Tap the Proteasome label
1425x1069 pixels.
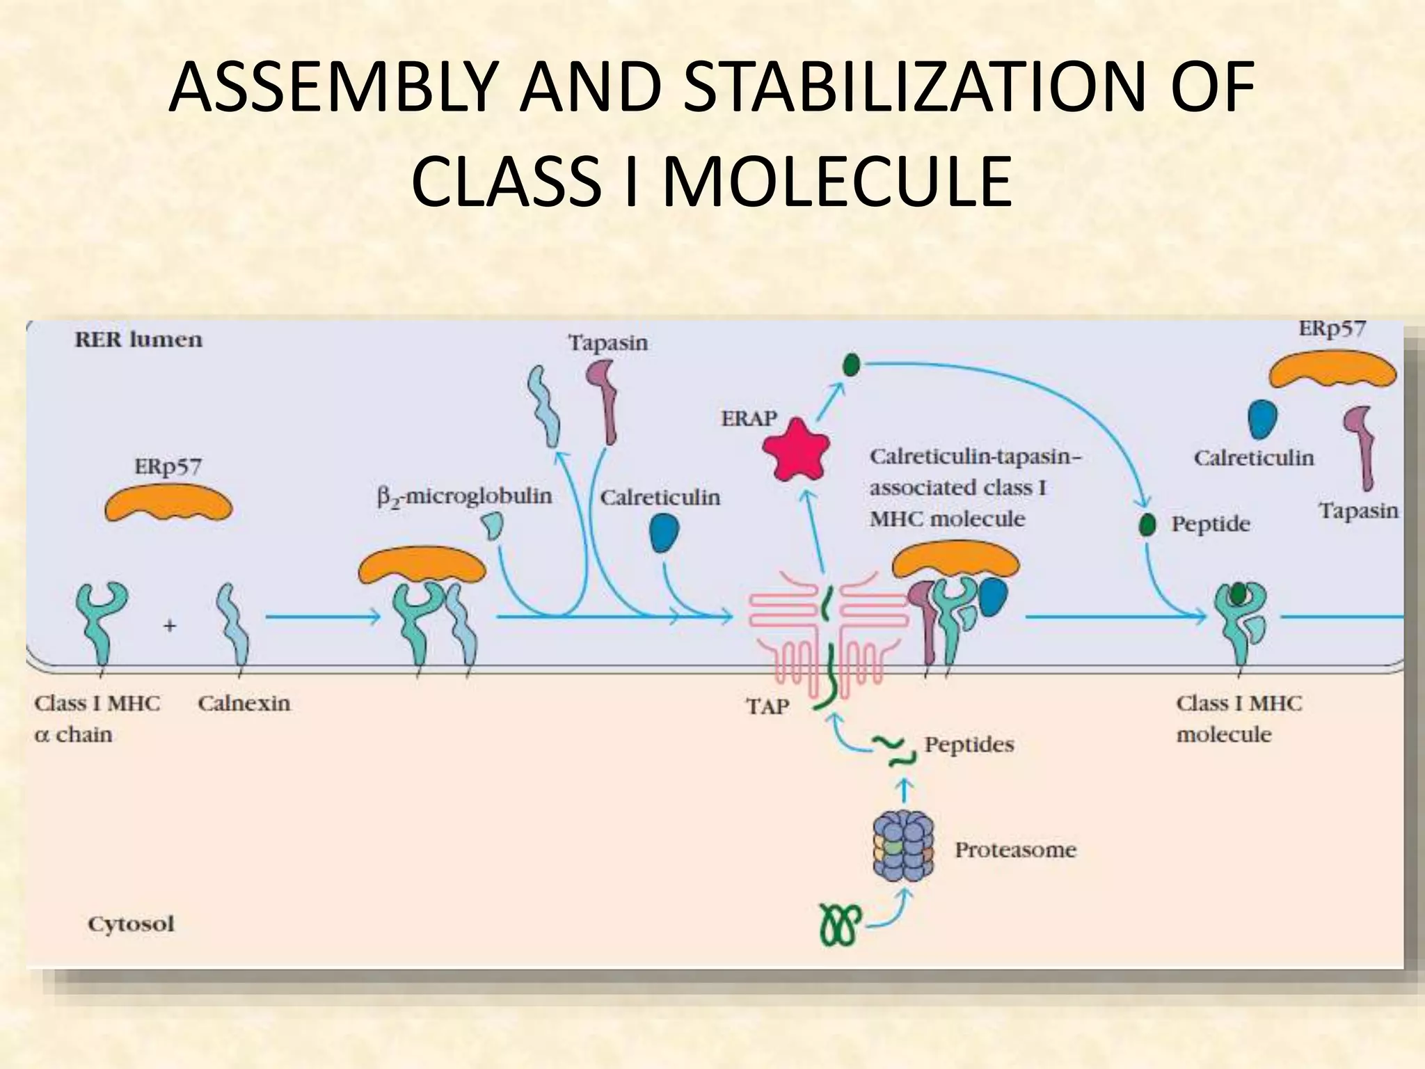coord(1015,850)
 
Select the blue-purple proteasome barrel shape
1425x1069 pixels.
coord(902,848)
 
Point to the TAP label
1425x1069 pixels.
coord(767,707)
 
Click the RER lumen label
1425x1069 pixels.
coord(138,340)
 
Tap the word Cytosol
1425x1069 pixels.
coord(131,924)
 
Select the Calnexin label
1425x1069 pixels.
coord(244,703)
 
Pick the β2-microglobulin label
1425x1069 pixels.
coord(464,497)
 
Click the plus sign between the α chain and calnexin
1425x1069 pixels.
coord(170,626)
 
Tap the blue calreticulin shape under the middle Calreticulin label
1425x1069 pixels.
coord(664,533)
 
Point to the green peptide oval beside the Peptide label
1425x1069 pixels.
coord(1147,524)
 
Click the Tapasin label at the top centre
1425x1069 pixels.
coord(607,342)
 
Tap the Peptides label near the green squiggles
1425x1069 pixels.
coord(969,745)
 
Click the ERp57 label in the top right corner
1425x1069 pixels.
coord(1332,328)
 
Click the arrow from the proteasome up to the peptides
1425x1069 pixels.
coord(903,791)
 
